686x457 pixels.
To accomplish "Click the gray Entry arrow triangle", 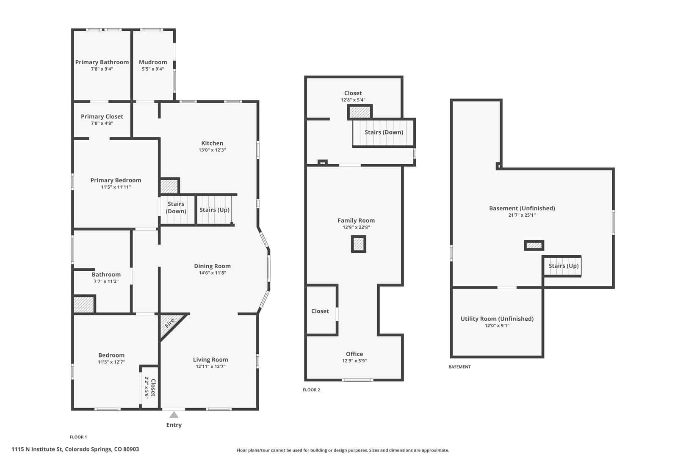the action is tap(174, 415).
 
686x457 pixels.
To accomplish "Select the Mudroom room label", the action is tap(153, 62).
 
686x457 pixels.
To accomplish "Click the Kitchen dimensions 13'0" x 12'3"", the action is tap(212, 150).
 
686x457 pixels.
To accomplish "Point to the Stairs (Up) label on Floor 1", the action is tap(214, 210).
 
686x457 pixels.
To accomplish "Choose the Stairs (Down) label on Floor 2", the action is tap(384, 132).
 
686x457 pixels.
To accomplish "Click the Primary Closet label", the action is tap(102, 116).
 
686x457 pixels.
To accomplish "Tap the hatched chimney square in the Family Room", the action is tap(359, 244).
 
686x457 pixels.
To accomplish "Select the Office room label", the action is tap(354, 354).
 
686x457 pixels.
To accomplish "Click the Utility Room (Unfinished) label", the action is tap(497, 319).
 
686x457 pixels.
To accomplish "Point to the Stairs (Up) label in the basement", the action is tap(564, 266).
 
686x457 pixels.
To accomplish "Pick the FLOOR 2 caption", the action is tap(311, 390).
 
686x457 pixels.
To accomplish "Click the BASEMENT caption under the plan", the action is tap(459, 367).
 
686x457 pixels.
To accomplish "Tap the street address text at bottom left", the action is tap(75, 449).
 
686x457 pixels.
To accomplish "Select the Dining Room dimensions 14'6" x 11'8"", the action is tap(212, 273).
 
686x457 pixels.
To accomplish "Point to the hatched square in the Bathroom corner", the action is tap(84, 305).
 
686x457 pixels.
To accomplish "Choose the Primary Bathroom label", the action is tap(102, 62).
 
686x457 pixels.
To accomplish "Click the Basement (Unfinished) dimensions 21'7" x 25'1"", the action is tap(522, 215).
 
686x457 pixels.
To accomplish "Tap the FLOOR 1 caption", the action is tap(78, 437).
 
